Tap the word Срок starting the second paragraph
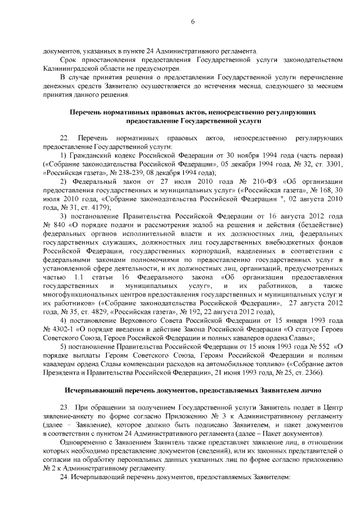point(67,59)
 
